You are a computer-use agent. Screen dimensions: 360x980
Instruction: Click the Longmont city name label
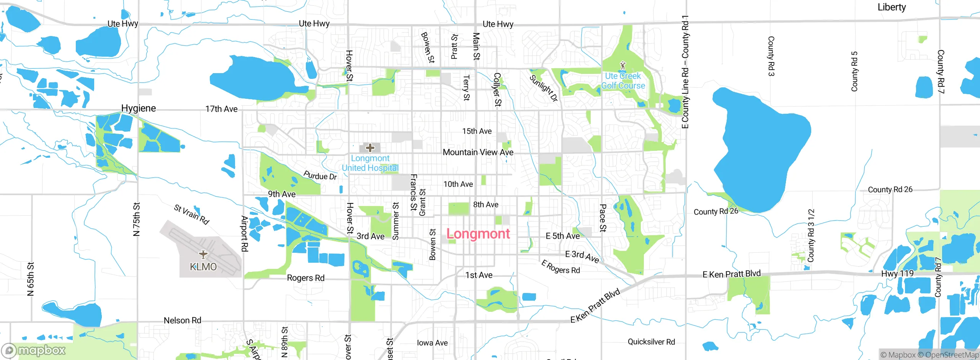pos(478,234)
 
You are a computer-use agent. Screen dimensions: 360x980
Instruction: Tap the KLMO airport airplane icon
pos(203,254)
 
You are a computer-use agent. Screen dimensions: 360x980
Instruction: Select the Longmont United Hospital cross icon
pos(370,148)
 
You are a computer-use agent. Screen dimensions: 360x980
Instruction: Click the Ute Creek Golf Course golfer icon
pos(623,65)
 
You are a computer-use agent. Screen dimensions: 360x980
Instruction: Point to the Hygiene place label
pos(139,108)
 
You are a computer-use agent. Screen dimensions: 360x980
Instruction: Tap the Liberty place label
pos(892,7)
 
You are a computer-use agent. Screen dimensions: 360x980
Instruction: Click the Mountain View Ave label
pos(478,152)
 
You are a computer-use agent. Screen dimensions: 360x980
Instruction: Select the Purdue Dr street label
pos(320,176)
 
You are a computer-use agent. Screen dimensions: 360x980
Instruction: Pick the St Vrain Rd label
pos(191,214)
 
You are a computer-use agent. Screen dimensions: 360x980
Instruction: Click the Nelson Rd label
pos(182,321)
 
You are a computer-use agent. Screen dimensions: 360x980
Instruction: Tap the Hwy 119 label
pos(897,273)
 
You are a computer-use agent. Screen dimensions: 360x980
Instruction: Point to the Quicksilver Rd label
pos(651,342)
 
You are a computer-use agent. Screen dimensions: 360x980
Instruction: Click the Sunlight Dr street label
pos(544,88)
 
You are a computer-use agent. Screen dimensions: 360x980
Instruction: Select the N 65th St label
pos(31,279)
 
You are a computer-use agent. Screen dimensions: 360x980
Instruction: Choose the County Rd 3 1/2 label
pos(810,236)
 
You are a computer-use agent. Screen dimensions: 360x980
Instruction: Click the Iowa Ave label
pos(432,343)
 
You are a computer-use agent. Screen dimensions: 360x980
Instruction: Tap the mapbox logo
pos(34,350)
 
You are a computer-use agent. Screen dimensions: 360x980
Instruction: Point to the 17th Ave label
pos(221,109)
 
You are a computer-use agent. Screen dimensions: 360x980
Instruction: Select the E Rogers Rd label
pos(560,267)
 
